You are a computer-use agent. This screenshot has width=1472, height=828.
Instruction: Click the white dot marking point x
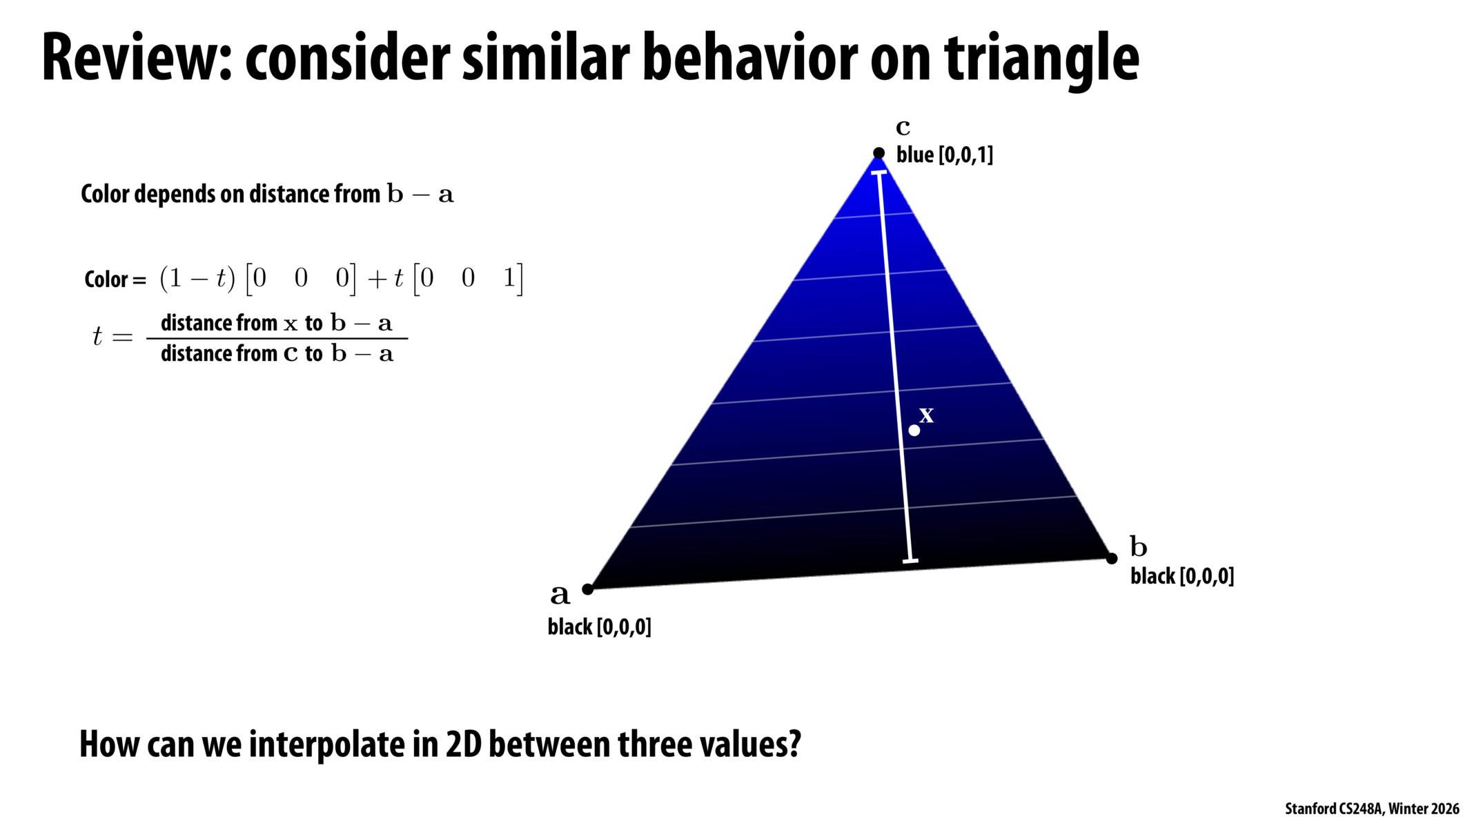click(914, 431)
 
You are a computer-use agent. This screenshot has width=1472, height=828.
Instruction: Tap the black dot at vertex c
click(879, 153)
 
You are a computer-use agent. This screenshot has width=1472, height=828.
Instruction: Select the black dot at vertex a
click(587, 589)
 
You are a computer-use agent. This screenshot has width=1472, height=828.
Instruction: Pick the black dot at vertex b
click(1111, 558)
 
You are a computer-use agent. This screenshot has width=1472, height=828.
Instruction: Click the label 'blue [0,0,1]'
click(944, 155)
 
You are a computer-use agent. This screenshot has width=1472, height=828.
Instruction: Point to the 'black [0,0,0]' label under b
click(1181, 576)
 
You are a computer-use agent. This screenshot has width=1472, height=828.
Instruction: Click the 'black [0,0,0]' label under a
click(599, 627)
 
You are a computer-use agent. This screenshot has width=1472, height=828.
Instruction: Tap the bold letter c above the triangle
click(903, 128)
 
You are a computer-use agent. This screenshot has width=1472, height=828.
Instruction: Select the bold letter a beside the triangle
click(560, 594)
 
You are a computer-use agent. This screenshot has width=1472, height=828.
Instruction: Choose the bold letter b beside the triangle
click(1138, 546)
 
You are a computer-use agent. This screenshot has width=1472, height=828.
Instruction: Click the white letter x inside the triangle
click(926, 415)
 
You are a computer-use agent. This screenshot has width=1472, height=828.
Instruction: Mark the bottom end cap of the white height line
click(910, 561)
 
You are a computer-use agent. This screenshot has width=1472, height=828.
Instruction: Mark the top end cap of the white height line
click(879, 172)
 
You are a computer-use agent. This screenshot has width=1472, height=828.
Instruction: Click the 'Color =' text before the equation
click(115, 279)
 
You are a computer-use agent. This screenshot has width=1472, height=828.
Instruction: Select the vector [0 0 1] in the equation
click(468, 279)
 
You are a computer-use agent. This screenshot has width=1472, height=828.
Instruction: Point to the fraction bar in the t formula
click(277, 339)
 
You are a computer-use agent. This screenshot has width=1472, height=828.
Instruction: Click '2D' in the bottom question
click(463, 745)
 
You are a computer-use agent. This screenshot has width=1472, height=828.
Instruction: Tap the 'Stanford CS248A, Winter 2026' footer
click(1371, 809)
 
